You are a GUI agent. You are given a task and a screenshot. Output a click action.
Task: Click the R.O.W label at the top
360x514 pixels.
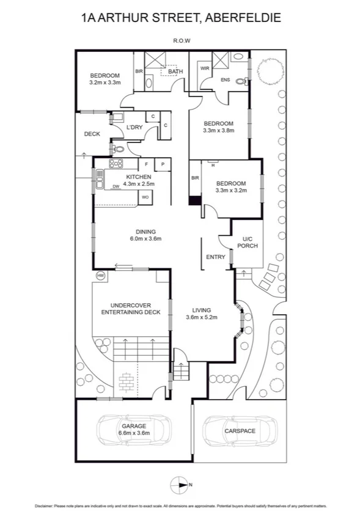(180, 42)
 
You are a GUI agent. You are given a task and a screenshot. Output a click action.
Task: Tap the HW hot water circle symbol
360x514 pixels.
(100, 276)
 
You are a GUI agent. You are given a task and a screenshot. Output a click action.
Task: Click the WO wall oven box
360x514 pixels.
(145, 197)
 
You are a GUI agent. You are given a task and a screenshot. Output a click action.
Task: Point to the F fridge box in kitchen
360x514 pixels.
(147, 164)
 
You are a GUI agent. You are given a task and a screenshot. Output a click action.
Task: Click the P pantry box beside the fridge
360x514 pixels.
(163, 164)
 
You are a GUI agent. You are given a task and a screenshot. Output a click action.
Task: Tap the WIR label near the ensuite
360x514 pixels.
(205, 68)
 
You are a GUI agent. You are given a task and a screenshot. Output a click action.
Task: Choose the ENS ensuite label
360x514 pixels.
(225, 79)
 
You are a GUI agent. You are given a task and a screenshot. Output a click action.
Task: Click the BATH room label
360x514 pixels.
(175, 72)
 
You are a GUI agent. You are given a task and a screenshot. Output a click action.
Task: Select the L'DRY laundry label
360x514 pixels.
(134, 127)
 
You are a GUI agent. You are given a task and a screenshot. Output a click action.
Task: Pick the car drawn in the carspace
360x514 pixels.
(240, 430)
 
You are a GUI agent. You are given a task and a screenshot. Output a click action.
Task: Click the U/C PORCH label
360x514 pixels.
(247, 242)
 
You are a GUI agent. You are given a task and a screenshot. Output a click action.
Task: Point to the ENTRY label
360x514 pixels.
(216, 257)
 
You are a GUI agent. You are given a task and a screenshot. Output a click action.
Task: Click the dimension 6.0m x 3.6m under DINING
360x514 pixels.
(145, 239)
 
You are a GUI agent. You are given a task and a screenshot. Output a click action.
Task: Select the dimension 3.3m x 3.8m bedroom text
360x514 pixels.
(218, 130)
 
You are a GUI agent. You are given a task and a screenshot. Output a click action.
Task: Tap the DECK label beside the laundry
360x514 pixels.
(92, 134)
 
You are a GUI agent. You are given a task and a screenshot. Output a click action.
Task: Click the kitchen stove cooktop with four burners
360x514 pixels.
(116, 163)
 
